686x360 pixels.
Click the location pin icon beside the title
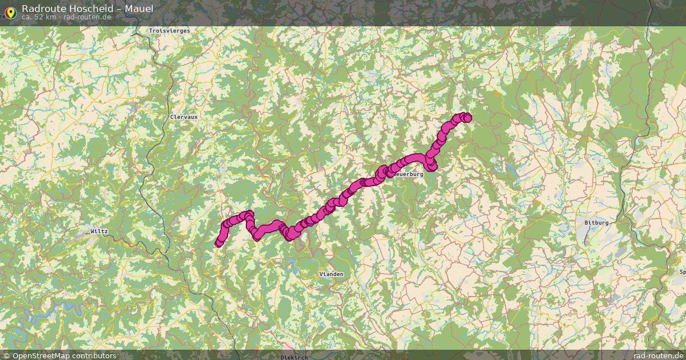pyautogui.click(x=10, y=11)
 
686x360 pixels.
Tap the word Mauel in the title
pyautogui.click(x=139, y=9)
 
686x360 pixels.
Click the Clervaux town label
pyautogui.click(x=184, y=117)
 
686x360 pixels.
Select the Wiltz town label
pyautogui.click(x=99, y=231)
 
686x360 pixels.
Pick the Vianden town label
pyautogui.click(x=332, y=274)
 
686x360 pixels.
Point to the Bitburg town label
pyautogui.click(x=596, y=222)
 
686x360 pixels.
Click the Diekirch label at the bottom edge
pyautogui.click(x=294, y=357)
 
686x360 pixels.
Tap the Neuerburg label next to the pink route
pyautogui.click(x=409, y=174)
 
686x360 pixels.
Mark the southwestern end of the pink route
pyautogui.click(x=218, y=244)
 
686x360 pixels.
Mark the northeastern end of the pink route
pyautogui.click(x=468, y=118)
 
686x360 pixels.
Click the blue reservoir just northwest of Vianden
pyautogui.click(x=294, y=263)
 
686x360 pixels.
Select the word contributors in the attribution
pyautogui.click(x=95, y=355)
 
